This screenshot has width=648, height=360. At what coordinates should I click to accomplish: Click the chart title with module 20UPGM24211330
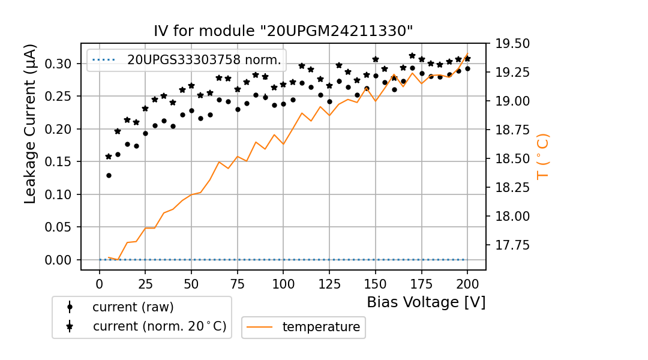(x=283, y=31)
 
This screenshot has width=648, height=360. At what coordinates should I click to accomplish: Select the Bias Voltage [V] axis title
(x=426, y=302)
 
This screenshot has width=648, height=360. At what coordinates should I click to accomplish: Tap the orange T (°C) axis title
(x=543, y=156)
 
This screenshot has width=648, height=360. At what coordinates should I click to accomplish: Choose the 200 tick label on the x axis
(x=467, y=283)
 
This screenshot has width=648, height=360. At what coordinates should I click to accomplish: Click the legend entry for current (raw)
(x=133, y=307)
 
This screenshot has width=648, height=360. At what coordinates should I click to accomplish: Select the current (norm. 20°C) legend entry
(x=159, y=326)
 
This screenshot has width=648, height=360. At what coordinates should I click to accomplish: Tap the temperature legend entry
(x=321, y=327)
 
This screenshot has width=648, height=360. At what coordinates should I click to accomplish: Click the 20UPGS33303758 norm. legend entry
(x=204, y=60)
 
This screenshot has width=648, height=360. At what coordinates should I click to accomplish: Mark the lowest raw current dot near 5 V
(x=109, y=175)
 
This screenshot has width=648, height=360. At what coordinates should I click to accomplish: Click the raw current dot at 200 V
(x=467, y=68)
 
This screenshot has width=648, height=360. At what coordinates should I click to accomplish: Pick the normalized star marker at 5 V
(x=109, y=157)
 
